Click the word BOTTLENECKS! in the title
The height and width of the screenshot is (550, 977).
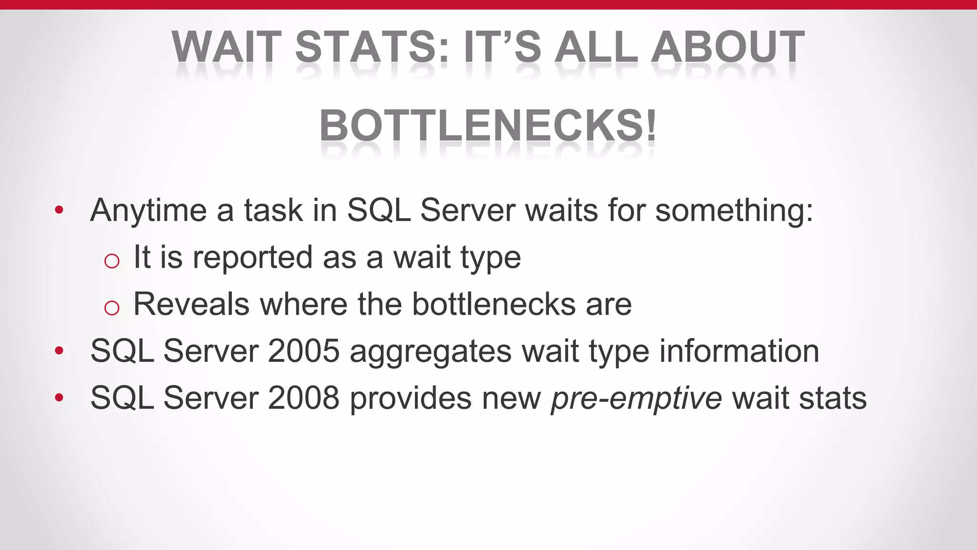[x=488, y=125]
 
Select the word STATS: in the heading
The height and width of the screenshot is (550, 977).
[x=372, y=47]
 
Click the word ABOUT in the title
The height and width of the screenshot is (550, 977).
[x=728, y=47]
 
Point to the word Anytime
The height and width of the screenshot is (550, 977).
[x=148, y=211]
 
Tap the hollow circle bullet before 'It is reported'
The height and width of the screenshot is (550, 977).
[x=112, y=261]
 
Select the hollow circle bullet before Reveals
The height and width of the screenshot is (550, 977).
[x=112, y=307]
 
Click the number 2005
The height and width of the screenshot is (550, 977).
[x=303, y=351]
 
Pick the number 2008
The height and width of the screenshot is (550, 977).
[x=303, y=398]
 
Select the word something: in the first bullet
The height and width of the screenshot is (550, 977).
[x=734, y=211]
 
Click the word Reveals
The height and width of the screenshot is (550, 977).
[x=191, y=304]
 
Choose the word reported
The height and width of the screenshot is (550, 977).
[x=252, y=258]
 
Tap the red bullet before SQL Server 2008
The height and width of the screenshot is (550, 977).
[x=59, y=397]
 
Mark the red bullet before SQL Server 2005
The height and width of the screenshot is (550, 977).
[x=59, y=350]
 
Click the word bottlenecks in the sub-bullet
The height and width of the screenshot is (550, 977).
[x=493, y=304]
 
